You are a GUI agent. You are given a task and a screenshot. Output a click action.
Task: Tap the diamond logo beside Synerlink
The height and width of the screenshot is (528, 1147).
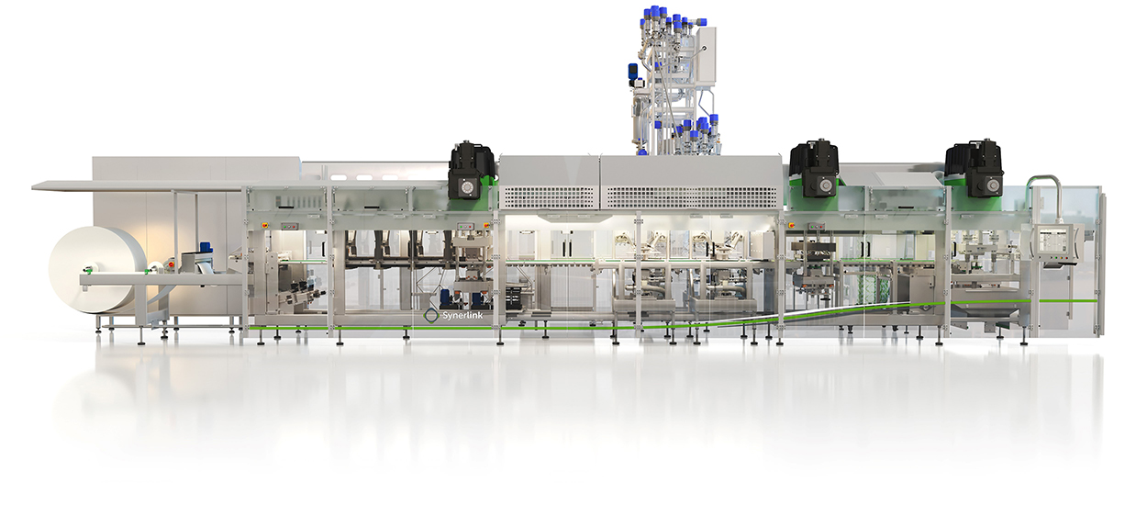(x=431, y=316)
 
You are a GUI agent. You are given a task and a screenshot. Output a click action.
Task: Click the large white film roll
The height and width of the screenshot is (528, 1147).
(x=91, y=270)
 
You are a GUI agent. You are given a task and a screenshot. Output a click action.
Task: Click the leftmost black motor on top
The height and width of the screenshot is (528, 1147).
(x=471, y=171)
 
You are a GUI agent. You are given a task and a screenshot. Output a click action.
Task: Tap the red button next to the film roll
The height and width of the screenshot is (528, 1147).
(x=171, y=264)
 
